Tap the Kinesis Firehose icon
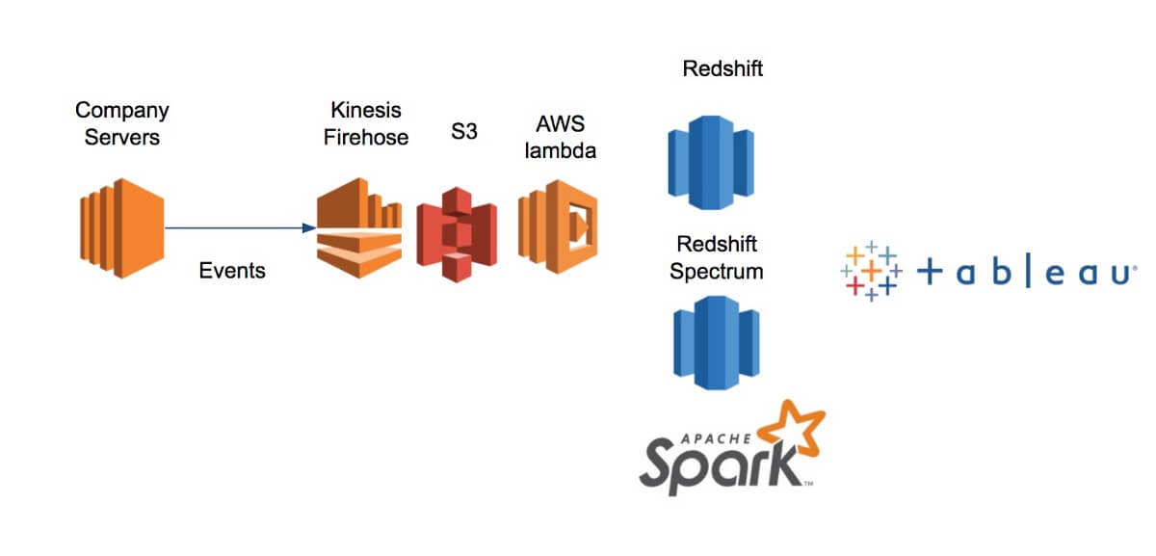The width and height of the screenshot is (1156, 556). [x=358, y=227]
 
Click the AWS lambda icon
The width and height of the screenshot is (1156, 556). [x=558, y=227]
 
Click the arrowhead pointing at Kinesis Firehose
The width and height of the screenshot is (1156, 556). [x=308, y=228]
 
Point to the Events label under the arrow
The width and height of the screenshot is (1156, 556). [x=232, y=271]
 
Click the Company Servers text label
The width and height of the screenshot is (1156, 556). [x=122, y=123]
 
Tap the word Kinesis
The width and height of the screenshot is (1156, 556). [x=365, y=111]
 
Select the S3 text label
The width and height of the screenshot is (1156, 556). [x=464, y=132]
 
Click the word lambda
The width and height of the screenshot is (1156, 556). [x=566, y=150]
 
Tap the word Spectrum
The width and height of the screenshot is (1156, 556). [x=717, y=271]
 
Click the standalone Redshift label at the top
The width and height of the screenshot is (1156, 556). [x=722, y=68]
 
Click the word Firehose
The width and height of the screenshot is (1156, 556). [x=365, y=137]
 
